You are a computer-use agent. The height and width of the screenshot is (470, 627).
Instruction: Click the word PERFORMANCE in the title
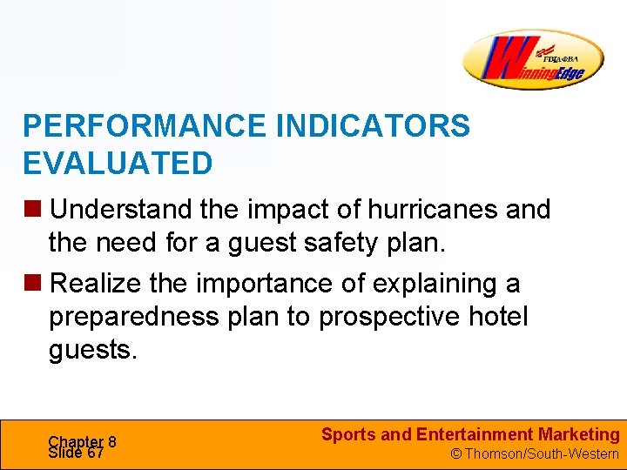click(x=145, y=126)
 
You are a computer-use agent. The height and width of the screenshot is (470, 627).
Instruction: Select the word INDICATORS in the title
click(x=373, y=126)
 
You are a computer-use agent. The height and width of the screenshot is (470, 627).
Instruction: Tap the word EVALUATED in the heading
click(x=118, y=163)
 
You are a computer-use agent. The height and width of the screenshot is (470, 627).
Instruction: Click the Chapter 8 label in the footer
click(x=82, y=441)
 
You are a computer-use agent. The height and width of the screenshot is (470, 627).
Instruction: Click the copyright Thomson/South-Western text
click(x=534, y=453)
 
